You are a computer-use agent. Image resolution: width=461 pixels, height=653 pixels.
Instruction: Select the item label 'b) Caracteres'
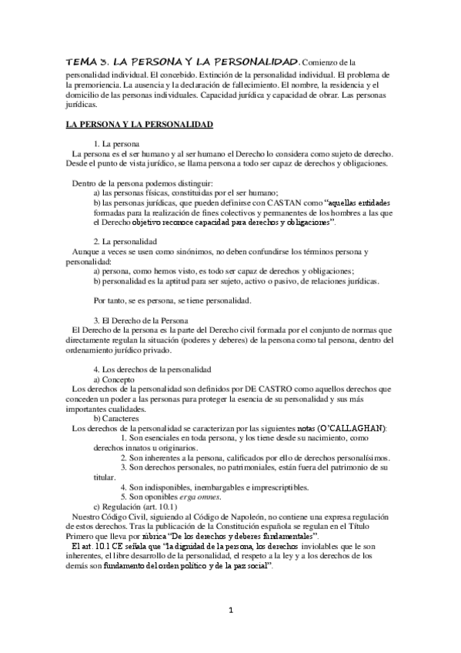(118, 417)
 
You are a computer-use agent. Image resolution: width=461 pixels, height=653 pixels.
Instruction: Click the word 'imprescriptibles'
(273, 487)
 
